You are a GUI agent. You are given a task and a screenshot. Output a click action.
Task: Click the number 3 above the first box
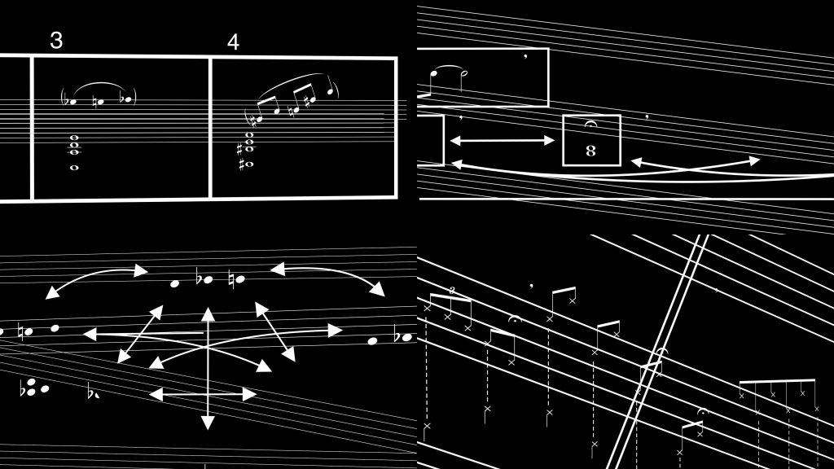click(x=56, y=40)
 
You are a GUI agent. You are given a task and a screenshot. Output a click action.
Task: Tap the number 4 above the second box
click(x=233, y=42)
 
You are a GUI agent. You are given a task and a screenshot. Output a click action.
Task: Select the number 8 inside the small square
click(x=590, y=151)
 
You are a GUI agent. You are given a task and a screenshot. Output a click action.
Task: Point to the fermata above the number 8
click(x=590, y=124)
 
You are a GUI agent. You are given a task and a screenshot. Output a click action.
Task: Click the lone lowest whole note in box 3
click(x=74, y=168)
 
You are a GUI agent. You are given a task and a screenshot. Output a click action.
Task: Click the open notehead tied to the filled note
click(x=463, y=73)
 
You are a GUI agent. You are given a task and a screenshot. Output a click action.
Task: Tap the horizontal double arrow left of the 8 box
click(x=502, y=140)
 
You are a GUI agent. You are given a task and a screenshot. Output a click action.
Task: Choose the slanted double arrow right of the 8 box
click(x=695, y=162)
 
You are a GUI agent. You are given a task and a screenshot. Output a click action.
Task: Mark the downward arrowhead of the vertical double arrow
click(x=208, y=423)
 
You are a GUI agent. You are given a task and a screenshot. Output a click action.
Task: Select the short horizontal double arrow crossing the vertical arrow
click(x=203, y=395)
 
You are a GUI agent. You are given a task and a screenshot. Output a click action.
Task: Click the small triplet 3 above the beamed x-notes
click(x=452, y=290)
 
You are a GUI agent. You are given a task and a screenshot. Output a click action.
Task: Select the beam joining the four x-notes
click(x=777, y=380)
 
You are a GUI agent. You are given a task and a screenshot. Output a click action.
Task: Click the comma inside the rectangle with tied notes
click(x=525, y=55)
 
